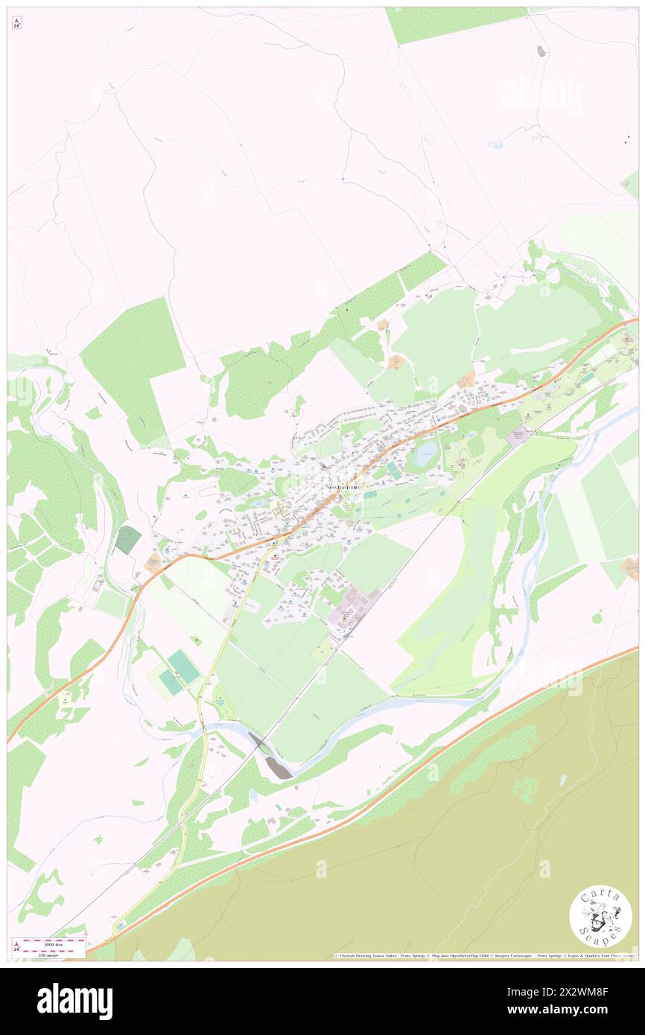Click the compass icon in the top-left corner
16,23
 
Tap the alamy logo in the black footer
74,1001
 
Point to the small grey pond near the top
541,51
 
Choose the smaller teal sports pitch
171,683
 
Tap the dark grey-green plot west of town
128,539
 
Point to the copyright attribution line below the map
484,956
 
